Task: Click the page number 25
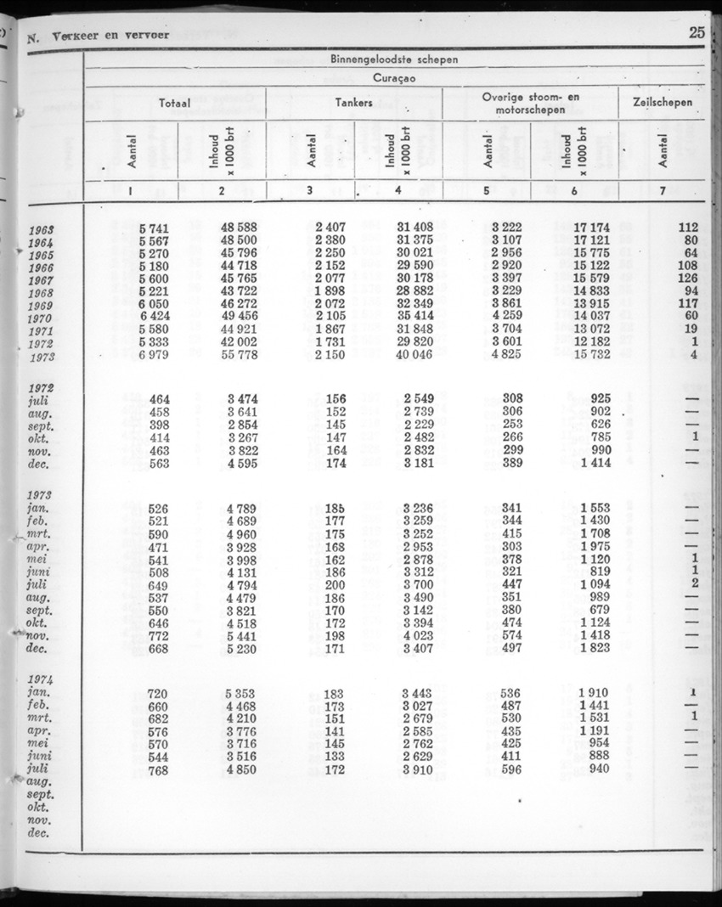697,34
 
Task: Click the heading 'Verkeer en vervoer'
110,37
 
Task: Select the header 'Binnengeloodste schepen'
393,59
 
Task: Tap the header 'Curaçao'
393,77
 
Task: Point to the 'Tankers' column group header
354,103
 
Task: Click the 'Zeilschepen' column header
663,103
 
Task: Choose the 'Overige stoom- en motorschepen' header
530,104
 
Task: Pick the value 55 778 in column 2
238,356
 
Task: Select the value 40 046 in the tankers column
415,356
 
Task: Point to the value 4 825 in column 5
508,356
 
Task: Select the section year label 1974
41,680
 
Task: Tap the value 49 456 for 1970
238,318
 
